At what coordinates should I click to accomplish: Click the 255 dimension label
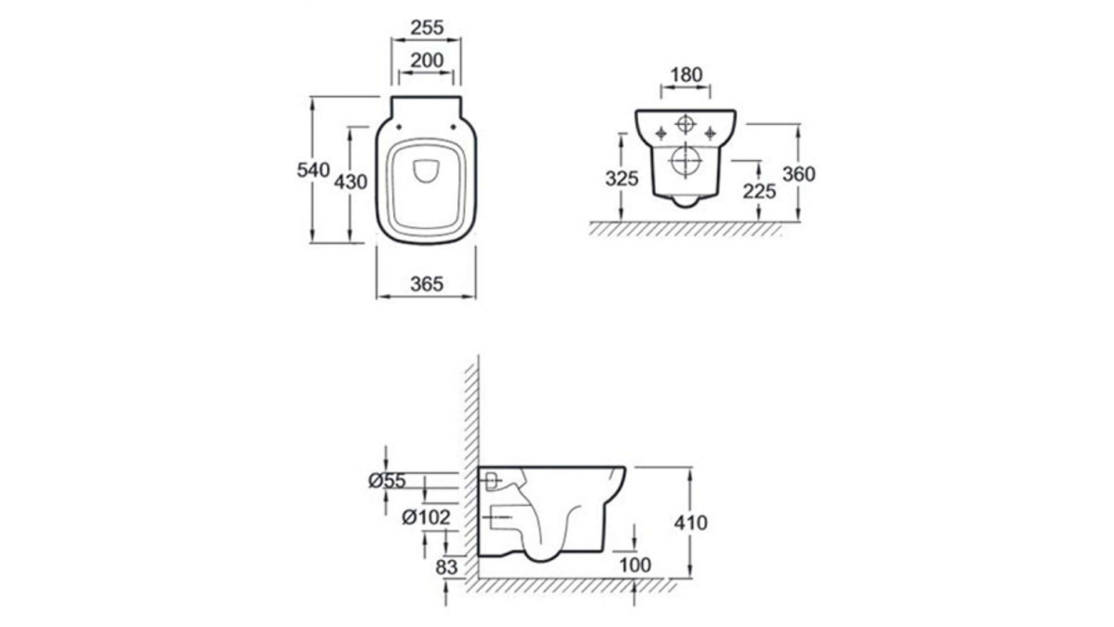coord(426,27)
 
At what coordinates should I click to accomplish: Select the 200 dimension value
coord(426,60)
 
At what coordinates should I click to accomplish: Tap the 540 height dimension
coord(313,170)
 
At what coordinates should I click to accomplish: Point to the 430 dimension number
coord(350,182)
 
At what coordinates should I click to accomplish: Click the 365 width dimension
coord(426,284)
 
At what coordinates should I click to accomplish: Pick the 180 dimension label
coord(686,75)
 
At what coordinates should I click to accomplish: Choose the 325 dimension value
coord(622,179)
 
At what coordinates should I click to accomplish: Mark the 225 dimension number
coord(759,191)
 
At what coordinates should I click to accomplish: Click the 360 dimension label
coord(799,174)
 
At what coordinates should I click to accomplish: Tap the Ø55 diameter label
coord(387,481)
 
